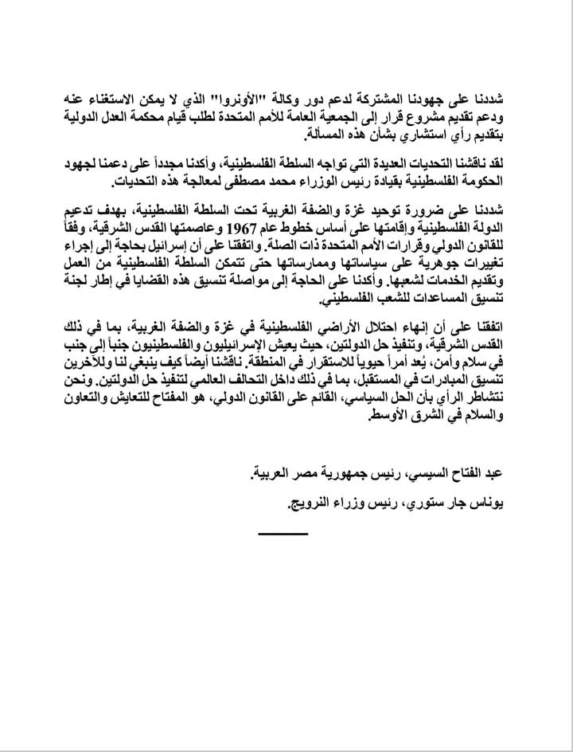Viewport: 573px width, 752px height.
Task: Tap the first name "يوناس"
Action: click(x=489, y=503)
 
